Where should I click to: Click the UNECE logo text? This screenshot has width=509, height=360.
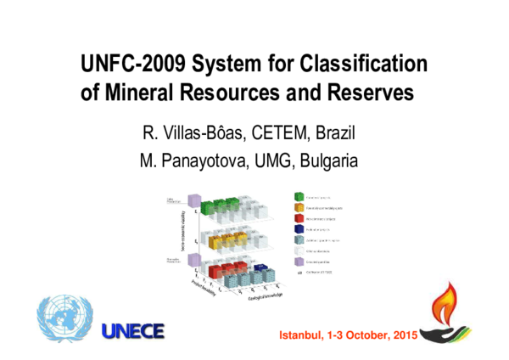(132, 331)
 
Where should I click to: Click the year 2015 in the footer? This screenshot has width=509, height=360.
(403, 337)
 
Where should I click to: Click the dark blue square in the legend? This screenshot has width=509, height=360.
(299, 228)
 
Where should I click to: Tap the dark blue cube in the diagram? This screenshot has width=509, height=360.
(262, 270)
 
